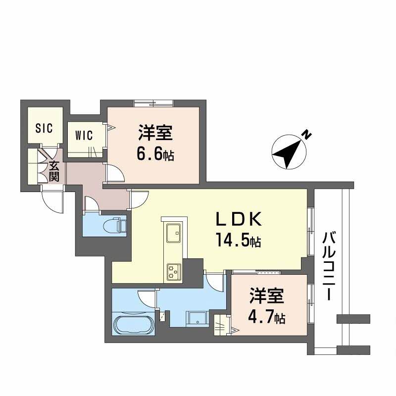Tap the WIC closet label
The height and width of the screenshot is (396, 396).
tap(84, 136)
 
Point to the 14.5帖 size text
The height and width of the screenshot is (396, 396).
tap(238, 242)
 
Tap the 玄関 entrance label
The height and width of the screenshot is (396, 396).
tap(54, 171)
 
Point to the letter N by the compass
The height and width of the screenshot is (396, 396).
tap(307, 134)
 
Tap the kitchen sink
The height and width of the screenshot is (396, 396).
tap(174, 233)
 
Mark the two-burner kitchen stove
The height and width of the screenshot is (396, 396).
tap(174, 271)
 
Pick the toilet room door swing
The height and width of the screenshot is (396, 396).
tap(92, 204)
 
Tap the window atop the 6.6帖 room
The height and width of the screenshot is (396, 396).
tap(153, 103)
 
